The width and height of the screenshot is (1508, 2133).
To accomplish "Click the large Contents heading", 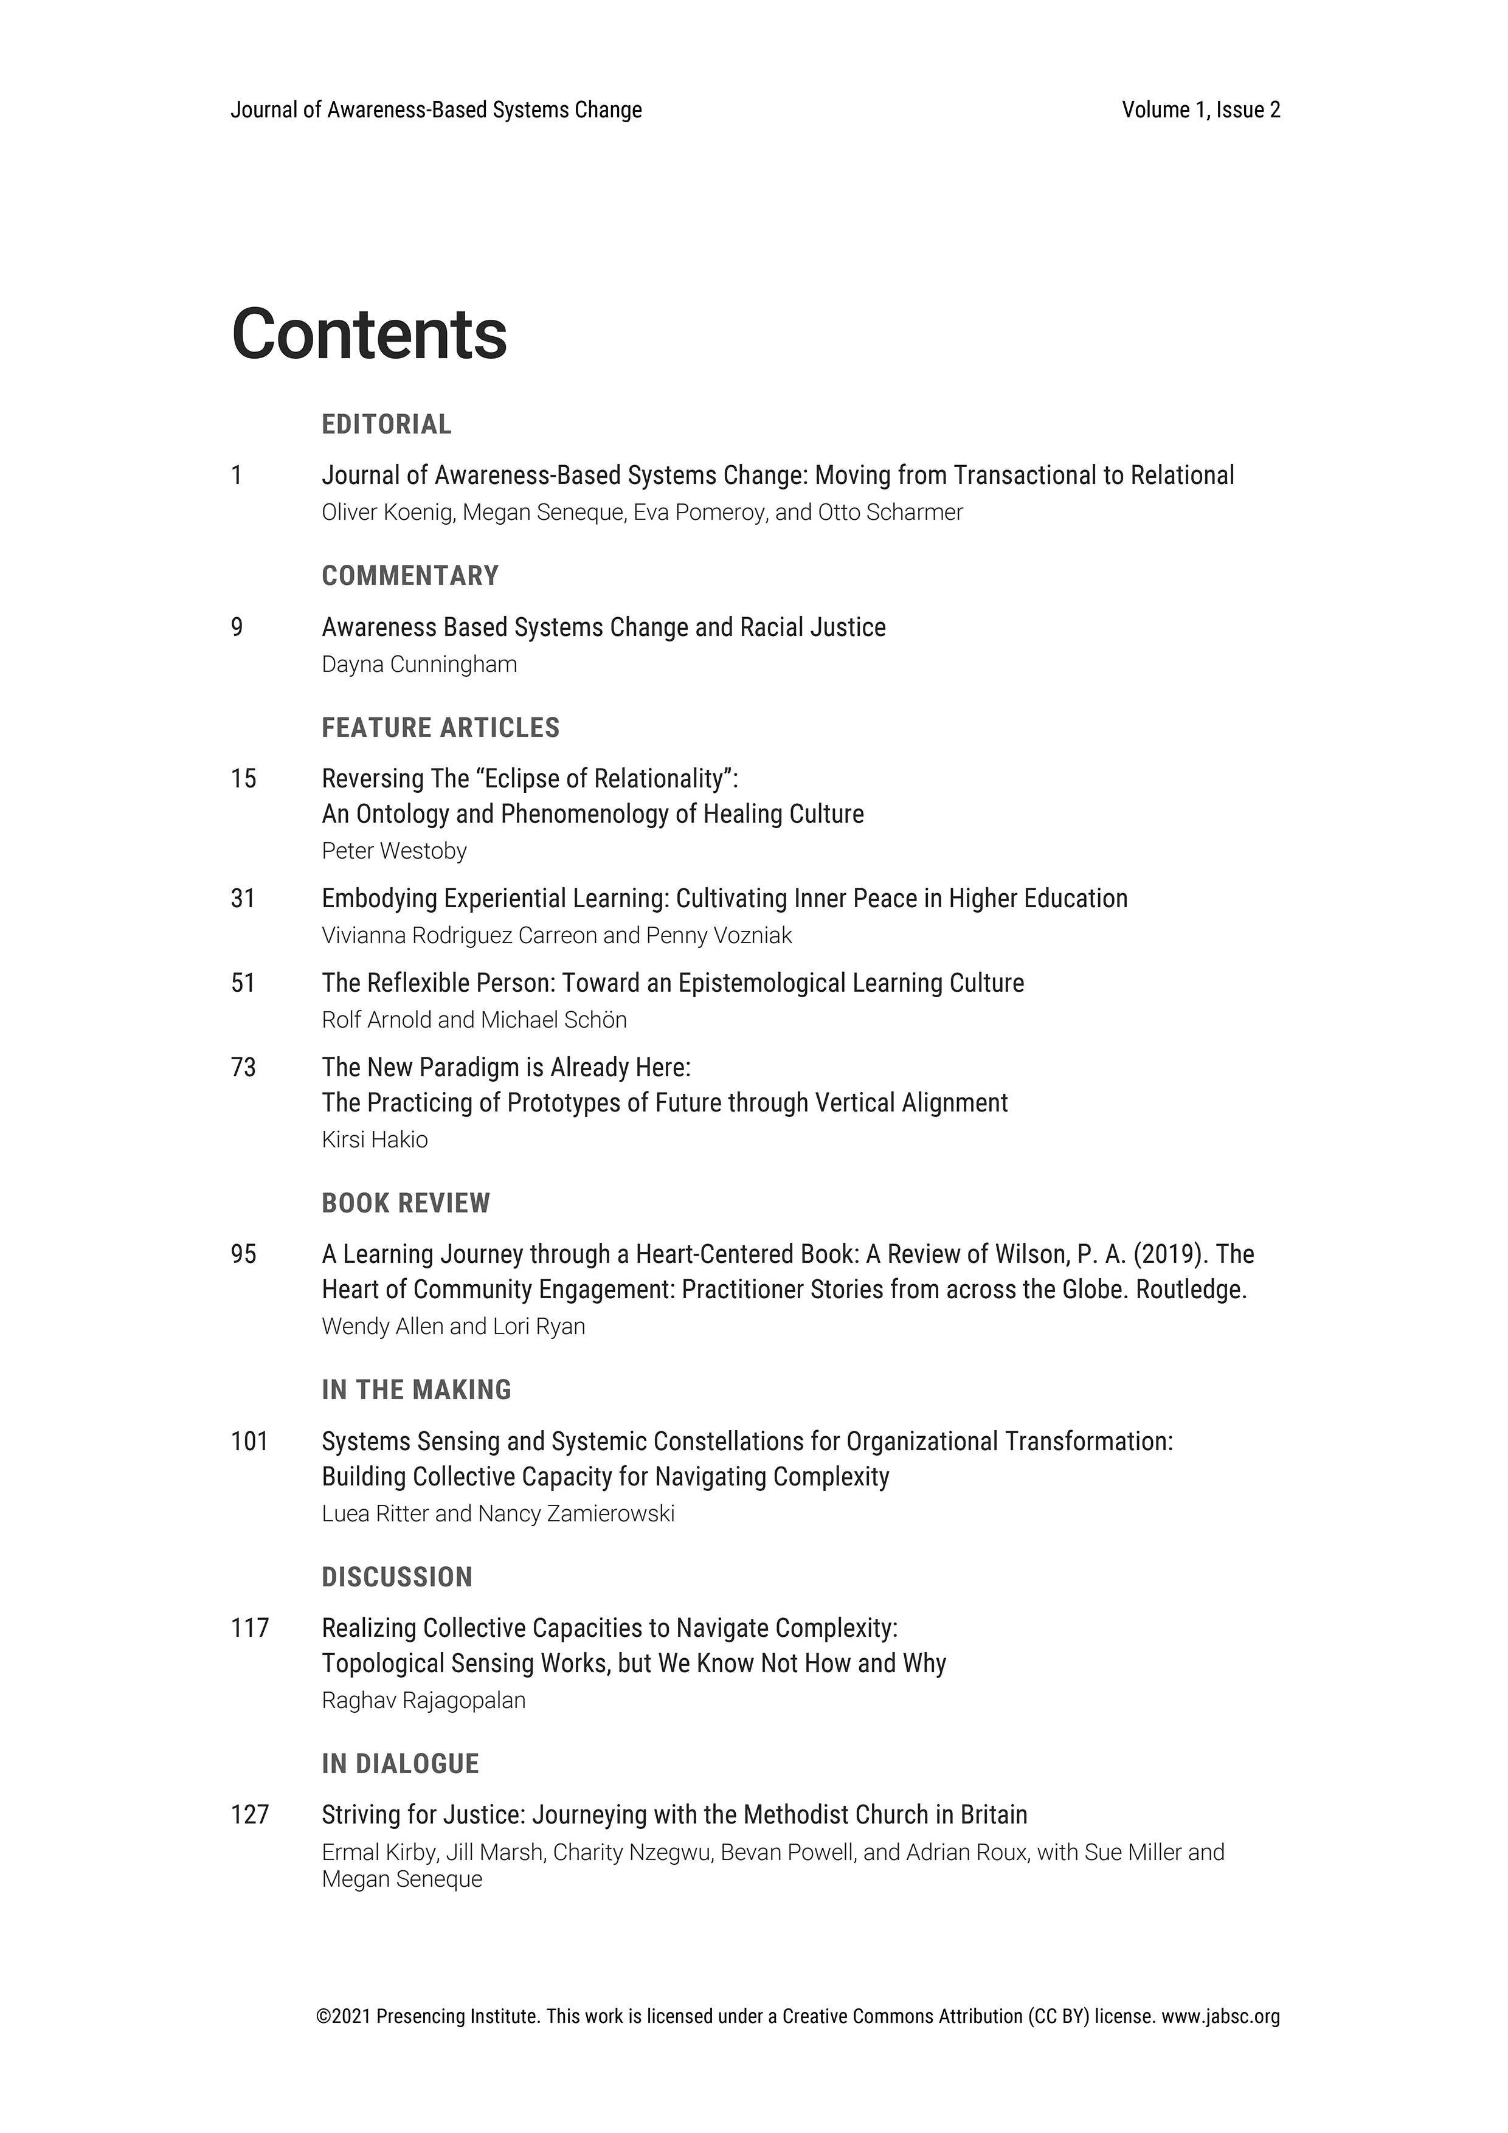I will click(x=369, y=334).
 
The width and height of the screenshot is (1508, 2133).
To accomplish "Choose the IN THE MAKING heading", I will click(x=417, y=1390).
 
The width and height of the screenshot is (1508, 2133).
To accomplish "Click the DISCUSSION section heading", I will click(x=396, y=1577).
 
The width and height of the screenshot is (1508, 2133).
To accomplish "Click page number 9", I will click(x=237, y=628).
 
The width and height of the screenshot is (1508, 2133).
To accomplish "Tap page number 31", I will click(x=243, y=899).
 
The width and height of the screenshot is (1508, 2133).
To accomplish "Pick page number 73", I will click(x=243, y=1068).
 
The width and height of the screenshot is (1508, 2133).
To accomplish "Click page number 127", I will click(x=249, y=1814).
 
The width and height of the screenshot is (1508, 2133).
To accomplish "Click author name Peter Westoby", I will click(x=394, y=851).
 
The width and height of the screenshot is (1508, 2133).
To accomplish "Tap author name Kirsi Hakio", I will click(x=375, y=1140).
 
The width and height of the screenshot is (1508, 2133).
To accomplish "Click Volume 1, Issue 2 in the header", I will click(x=1200, y=111).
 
